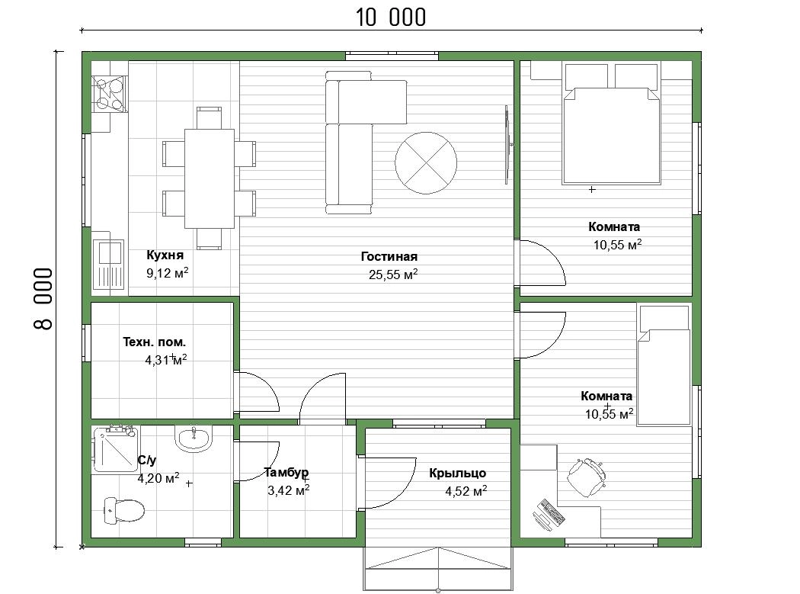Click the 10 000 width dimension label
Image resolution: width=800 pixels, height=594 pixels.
click(x=390, y=18)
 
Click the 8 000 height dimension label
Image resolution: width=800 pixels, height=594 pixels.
click(x=43, y=299)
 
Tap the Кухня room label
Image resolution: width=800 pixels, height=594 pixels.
click(x=165, y=255)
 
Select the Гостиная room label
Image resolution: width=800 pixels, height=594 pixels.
click(x=389, y=256)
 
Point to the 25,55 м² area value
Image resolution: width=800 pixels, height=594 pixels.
click(x=393, y=275)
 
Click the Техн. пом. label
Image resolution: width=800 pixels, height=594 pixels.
click(x=154, y=342)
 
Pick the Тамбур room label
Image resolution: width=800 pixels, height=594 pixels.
click(x=286, y=473)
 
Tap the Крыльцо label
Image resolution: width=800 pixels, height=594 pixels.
click(x=458, y=474)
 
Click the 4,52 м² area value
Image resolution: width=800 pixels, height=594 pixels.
click(x=466, y=491)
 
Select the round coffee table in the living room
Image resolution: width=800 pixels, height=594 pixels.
click(x=425, y=163)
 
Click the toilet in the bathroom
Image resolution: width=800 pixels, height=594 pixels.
click(x=124, y=510)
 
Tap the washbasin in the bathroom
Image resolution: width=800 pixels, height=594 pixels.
click(x=193, y=438)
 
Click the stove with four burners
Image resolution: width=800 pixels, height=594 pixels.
click(x=110, y=94)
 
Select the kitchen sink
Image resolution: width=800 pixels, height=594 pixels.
click(x=109, y=265)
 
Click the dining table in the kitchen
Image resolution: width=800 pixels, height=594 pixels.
click(x=210, y=178)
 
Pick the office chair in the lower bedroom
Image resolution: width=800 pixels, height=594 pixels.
click(x=587, y=477)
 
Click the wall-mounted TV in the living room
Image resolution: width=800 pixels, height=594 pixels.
click(x=507, y=145)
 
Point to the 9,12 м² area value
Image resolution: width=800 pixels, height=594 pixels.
click(x=168, y=273)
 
